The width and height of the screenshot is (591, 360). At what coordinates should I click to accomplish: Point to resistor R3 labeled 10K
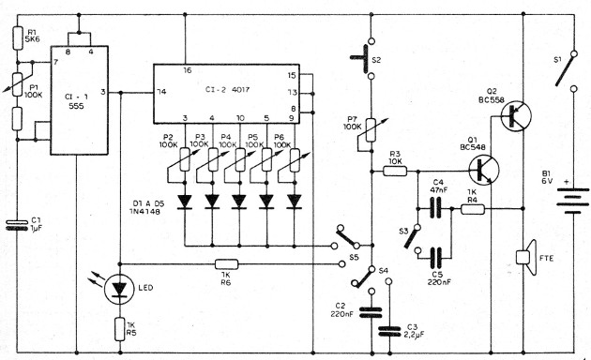(x=394, y=171)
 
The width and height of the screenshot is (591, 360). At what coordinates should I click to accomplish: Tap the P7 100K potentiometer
(x=371, y=126)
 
